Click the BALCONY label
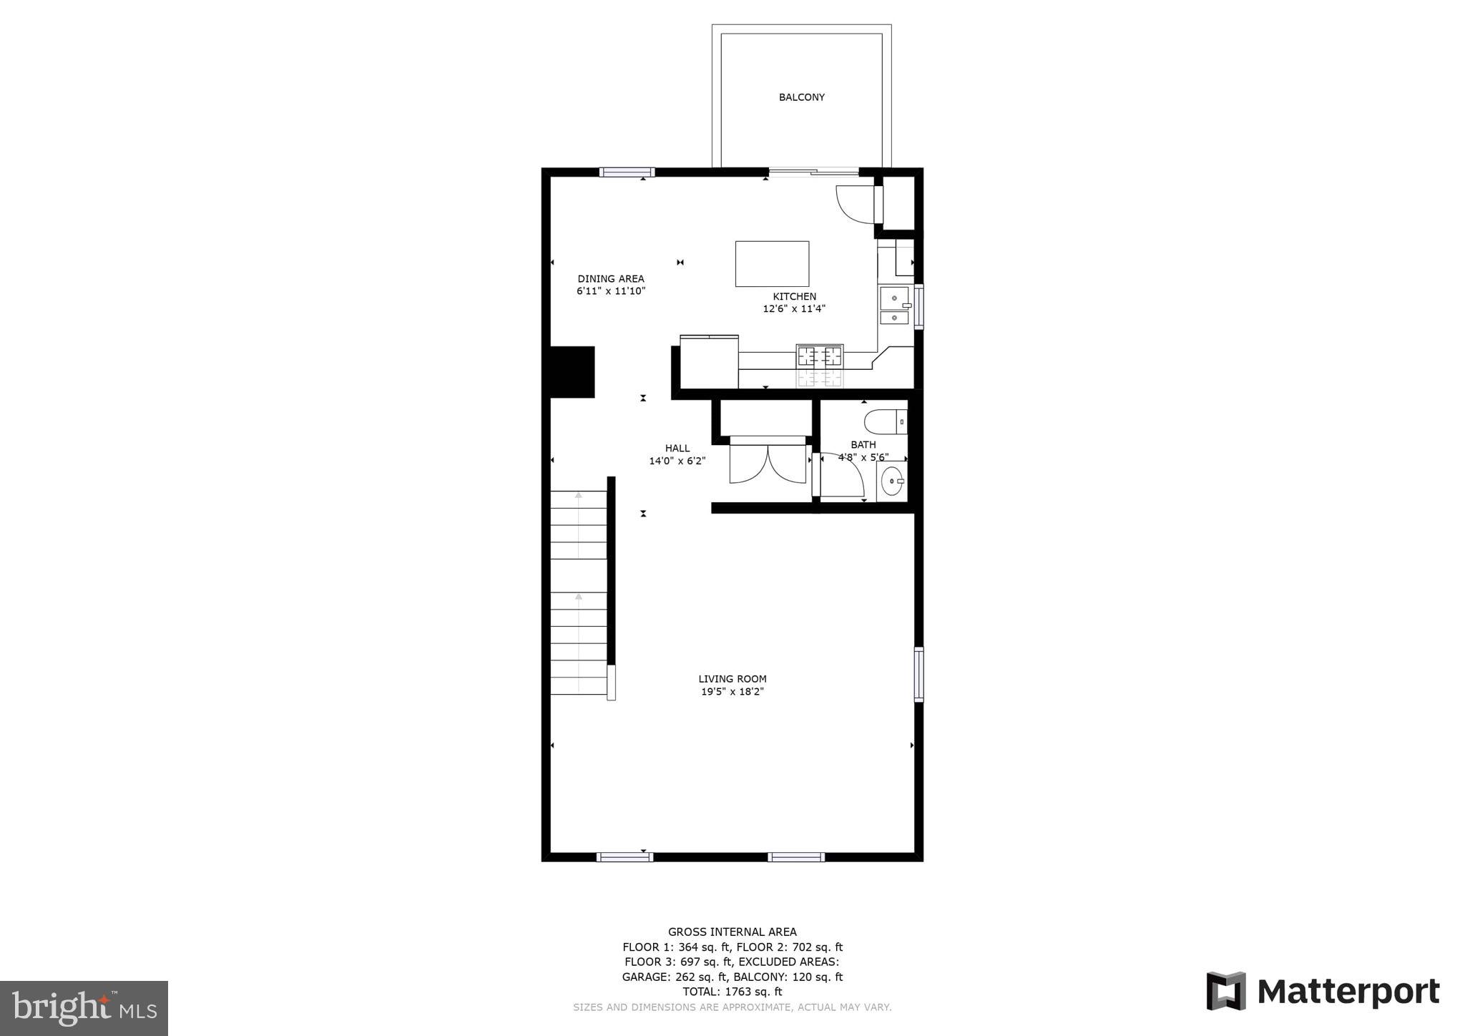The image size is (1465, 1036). pos(801,97)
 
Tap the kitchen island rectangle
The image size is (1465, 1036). pos(772,264)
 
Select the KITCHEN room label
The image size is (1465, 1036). pos(794,296)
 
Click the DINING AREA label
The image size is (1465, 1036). pos(611,279)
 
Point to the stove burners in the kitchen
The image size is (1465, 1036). pos(820,356)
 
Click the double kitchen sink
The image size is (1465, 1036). pos(893,306)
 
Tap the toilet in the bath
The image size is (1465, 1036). pos(886,422)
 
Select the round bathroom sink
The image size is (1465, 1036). pos(891,482)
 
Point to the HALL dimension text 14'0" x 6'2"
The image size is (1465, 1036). pos(677,461)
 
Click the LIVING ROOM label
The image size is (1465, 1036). pos(732,679)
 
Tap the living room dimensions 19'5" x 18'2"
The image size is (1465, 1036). pos(732,692)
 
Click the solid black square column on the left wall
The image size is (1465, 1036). pos(572,372)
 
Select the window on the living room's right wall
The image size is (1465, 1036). pos(918,674)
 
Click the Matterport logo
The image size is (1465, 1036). pos(1323,992)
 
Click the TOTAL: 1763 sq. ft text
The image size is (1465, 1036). pos(732,992)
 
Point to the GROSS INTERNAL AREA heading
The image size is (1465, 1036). pos(732,932)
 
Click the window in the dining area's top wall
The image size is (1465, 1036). pos(627,172)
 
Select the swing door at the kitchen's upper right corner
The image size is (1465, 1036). pos(856,203)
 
